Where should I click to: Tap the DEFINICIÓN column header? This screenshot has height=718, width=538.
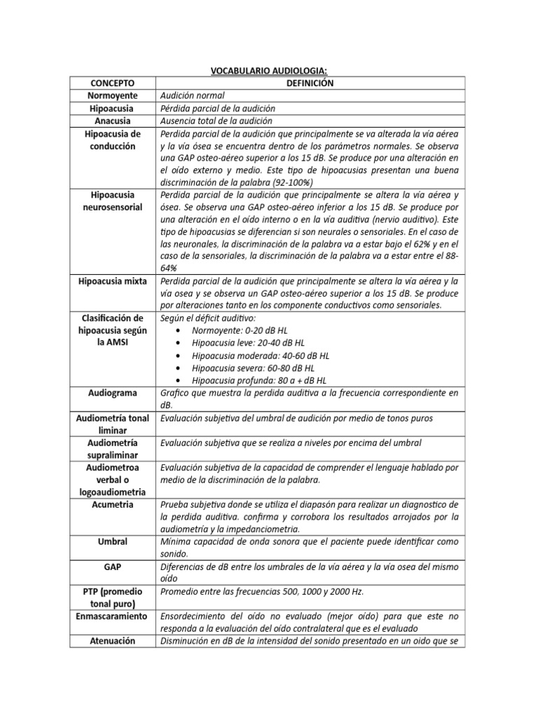[309, 83]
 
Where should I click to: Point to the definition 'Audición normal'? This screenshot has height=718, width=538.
[193, 95]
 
